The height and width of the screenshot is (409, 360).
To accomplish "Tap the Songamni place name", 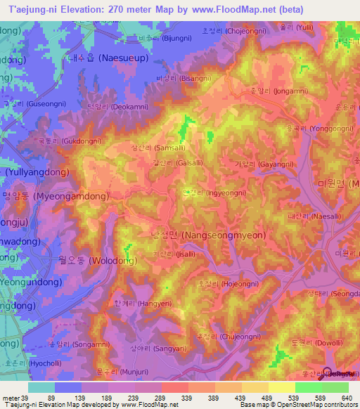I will (71, 344).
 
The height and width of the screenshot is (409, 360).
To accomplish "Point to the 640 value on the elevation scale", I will (343, 398).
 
